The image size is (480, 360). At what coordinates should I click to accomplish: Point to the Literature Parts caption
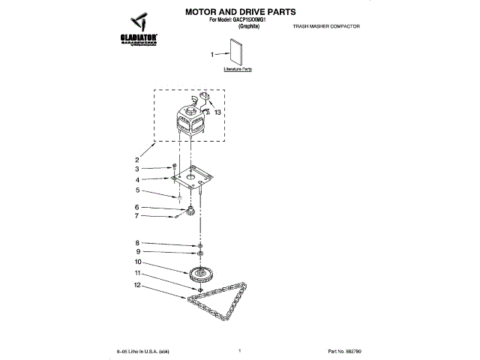pyautogui.click(x=238, y=69)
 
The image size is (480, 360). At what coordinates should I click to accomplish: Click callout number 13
pyautogui.click(x=218, y=112)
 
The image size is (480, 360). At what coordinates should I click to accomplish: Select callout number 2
pyautogui.click(x=137, y=160)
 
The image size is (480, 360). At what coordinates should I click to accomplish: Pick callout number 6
pyautogui.click(x=137, y=207)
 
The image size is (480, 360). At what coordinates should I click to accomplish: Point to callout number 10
pyautogui.click(x=138, y=262)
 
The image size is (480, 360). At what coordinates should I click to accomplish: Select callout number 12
pyautogui.click(x=138, y=285)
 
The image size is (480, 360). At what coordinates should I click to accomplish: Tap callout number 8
pyautogui.click(x=137, y=242)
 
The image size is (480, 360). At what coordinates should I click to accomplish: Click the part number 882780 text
pyautogui.click(x=345, y=351)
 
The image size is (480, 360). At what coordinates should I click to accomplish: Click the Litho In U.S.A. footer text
pyautogui.click(x=143, y=351)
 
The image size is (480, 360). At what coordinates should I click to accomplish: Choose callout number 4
pyautogui.click(x=137, y=180)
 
